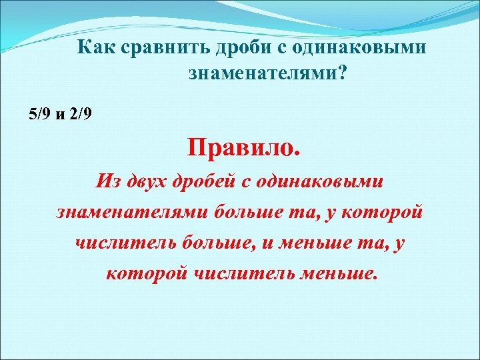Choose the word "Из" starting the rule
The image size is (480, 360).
coord(107,181)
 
